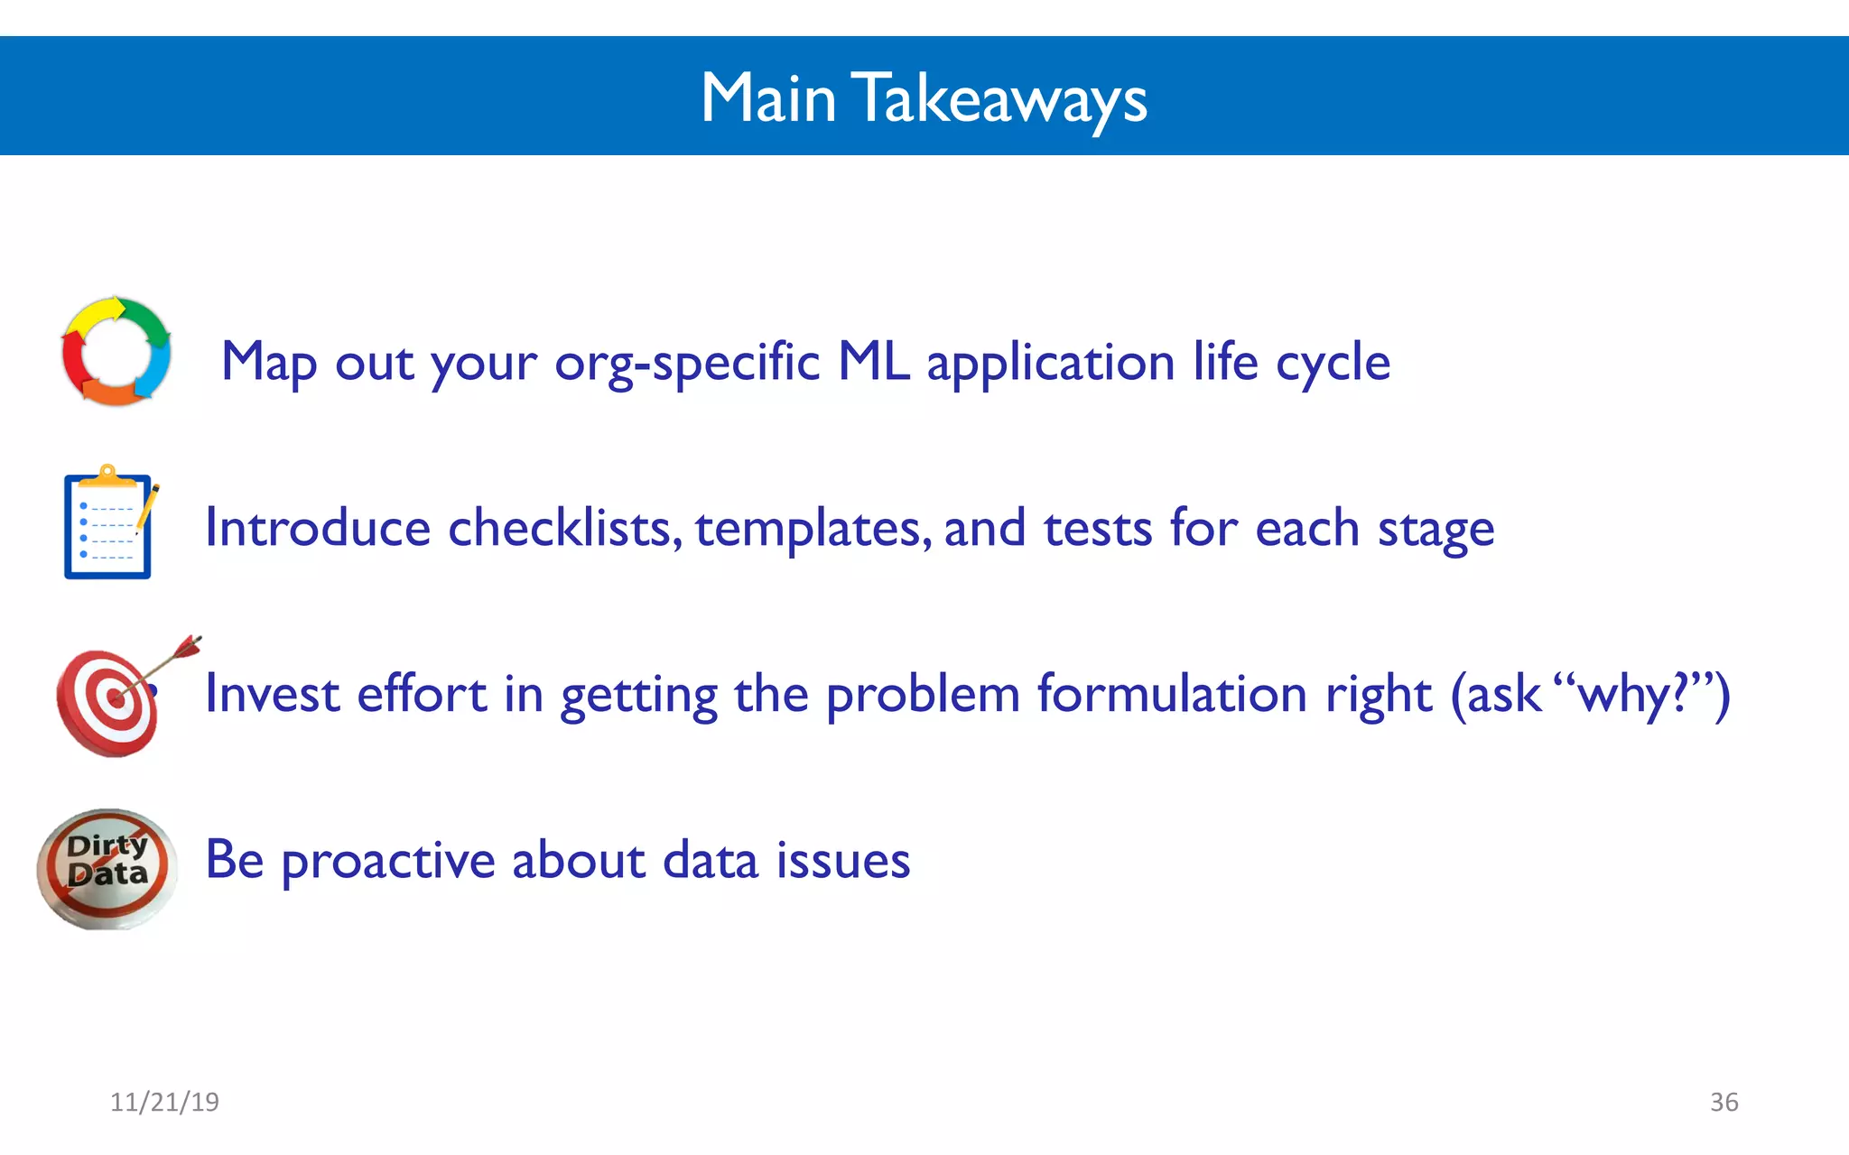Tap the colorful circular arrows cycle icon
(116, 352)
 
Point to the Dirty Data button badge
(107, 868)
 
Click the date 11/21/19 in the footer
(164, 1102)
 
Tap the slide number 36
(1724, 1102)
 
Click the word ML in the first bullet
(873, 362)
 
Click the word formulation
(1172, 694)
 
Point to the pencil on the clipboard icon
(147, 507)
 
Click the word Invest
(272, 694)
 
